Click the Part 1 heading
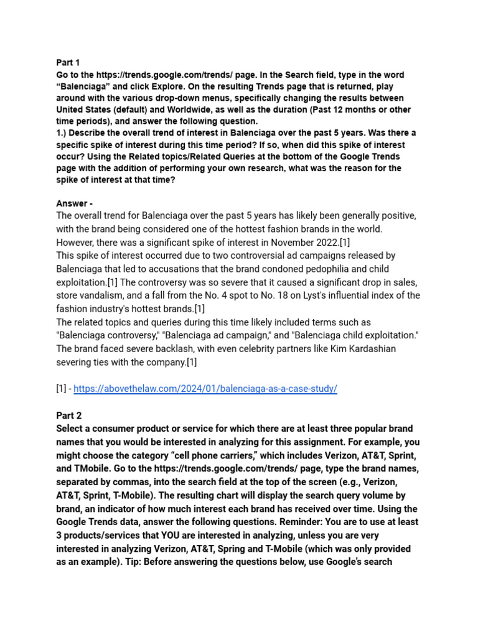(x=68, y=63)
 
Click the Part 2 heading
(x=68, y=416)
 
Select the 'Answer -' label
(x=74, y=203)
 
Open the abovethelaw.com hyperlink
(x=205, y=389)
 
